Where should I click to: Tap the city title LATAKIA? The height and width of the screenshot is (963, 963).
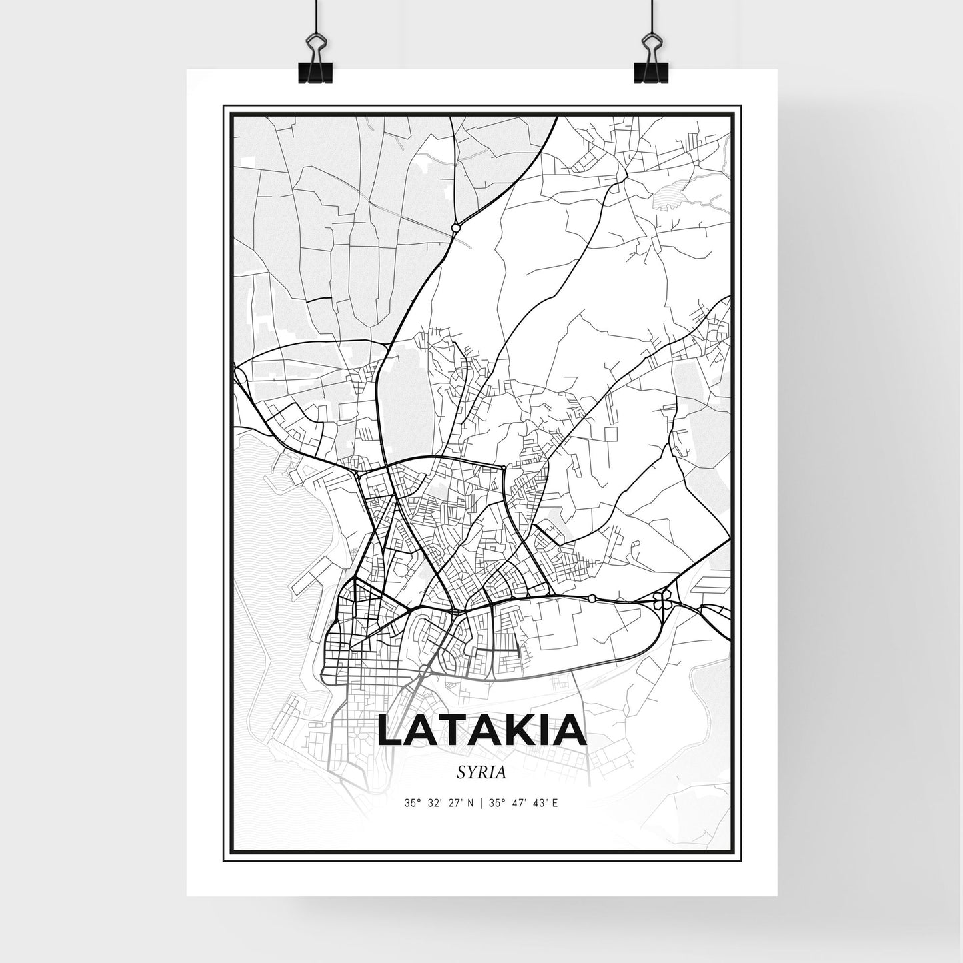481,731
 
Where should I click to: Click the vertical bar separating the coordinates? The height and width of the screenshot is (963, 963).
481,803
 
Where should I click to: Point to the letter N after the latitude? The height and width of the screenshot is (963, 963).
471,803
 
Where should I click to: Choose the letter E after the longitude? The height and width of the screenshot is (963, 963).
554,803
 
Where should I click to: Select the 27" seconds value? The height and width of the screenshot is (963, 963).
453,803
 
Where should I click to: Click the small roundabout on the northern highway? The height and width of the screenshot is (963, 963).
455,227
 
